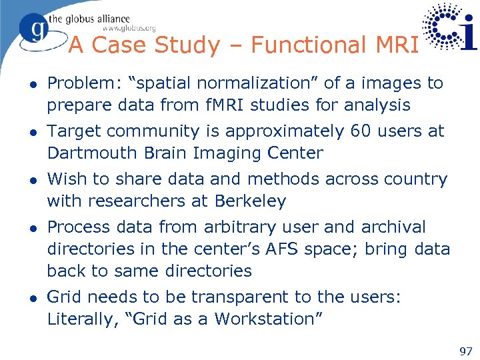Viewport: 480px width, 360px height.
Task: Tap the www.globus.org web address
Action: (x=129, y=28)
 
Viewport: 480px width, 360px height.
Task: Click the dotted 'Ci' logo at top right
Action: (x=451, y=29)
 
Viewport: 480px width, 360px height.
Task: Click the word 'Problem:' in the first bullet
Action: (x=79, y=83)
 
